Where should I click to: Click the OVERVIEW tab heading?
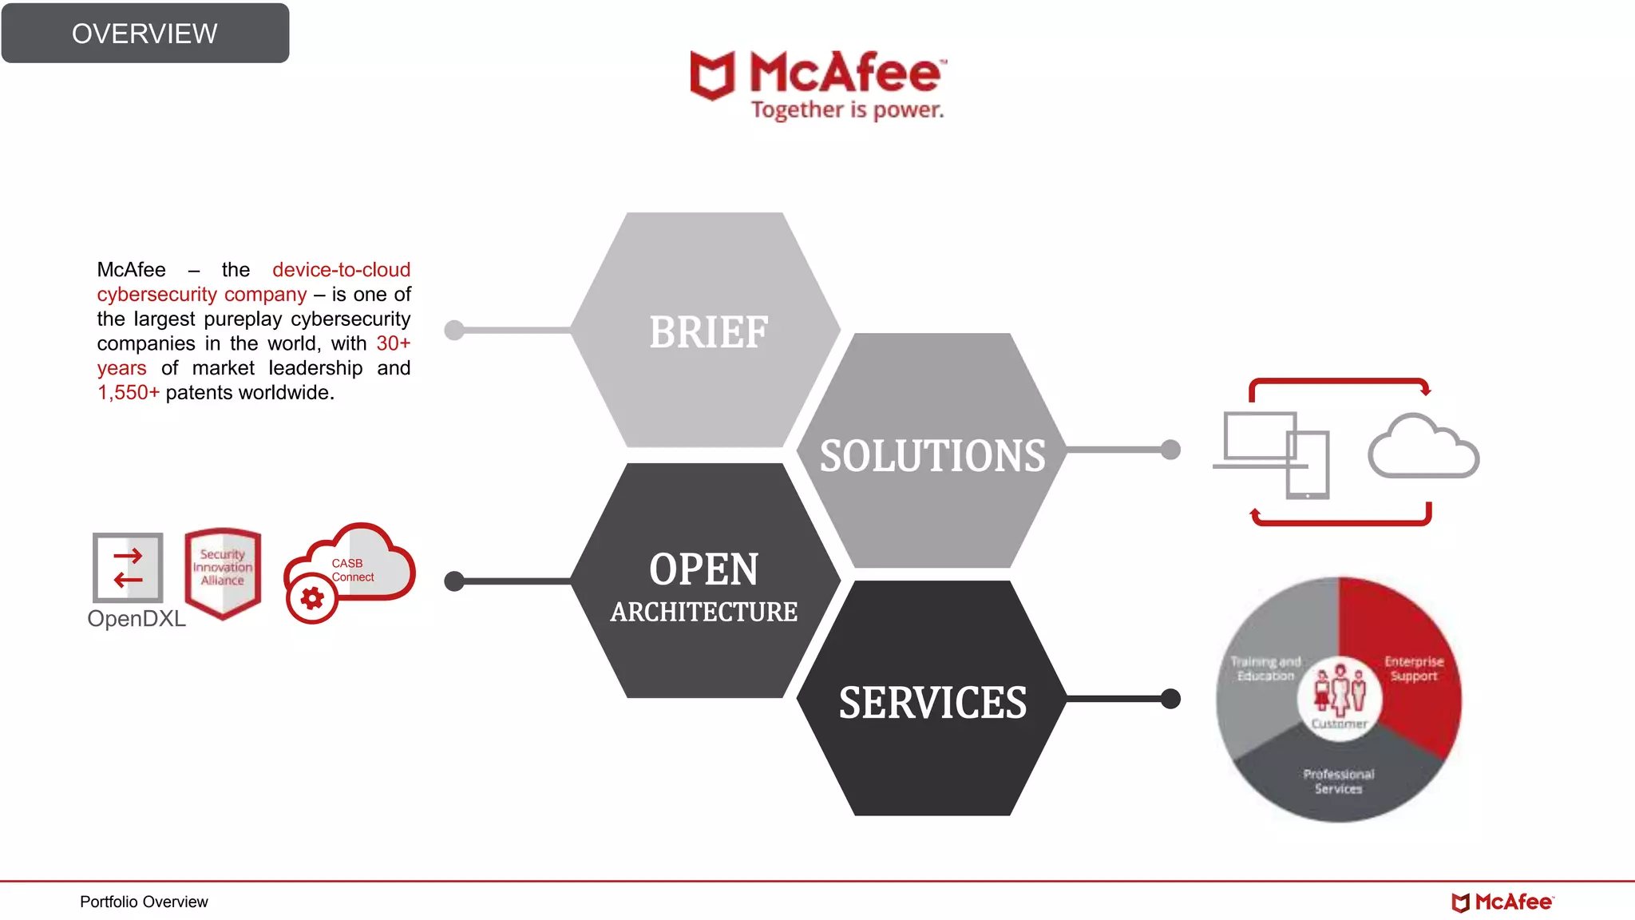click(144, 34)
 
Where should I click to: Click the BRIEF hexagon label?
click(708, 332)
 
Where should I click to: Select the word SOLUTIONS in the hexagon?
click(932, 456)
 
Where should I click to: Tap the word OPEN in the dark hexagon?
click(703, 569)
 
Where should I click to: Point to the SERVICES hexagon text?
click(932, 703)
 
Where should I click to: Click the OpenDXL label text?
click(137, 619)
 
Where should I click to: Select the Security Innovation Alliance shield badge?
click(223, 572)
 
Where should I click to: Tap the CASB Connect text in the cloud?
click(352, 570)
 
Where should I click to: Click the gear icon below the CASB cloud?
click(312, 598)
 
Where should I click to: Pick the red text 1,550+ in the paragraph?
click(129, 393)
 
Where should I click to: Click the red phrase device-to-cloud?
click(341, 270)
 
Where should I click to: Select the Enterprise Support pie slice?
click(1414, 669)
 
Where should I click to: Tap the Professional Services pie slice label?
click(1339, 782)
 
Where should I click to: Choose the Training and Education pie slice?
click(1265, 669)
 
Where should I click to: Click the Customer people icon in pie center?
click(1340, 692)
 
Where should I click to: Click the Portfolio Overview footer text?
click(144, 902)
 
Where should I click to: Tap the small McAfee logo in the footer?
click(1502, 902)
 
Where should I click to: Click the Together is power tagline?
click(847, 110)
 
